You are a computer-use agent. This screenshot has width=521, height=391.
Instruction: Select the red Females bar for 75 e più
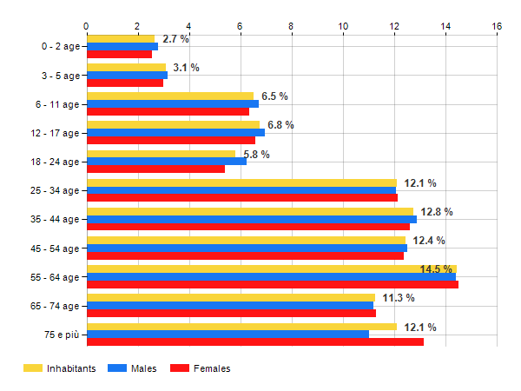point(255,341)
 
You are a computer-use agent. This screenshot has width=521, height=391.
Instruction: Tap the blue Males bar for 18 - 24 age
point(166,162)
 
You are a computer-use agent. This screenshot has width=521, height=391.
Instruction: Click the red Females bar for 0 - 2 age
point(119,54)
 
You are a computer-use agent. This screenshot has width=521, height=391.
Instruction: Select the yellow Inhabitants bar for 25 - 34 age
point(241,183)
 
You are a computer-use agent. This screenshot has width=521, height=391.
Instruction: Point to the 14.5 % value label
point(437,269)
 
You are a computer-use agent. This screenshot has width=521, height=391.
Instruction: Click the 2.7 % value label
point(175,39)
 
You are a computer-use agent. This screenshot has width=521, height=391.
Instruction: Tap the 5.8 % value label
point(256,155)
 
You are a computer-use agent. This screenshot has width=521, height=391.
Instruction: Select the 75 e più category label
point(61,335)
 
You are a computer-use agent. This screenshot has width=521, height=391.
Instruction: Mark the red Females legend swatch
point(179,368)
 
